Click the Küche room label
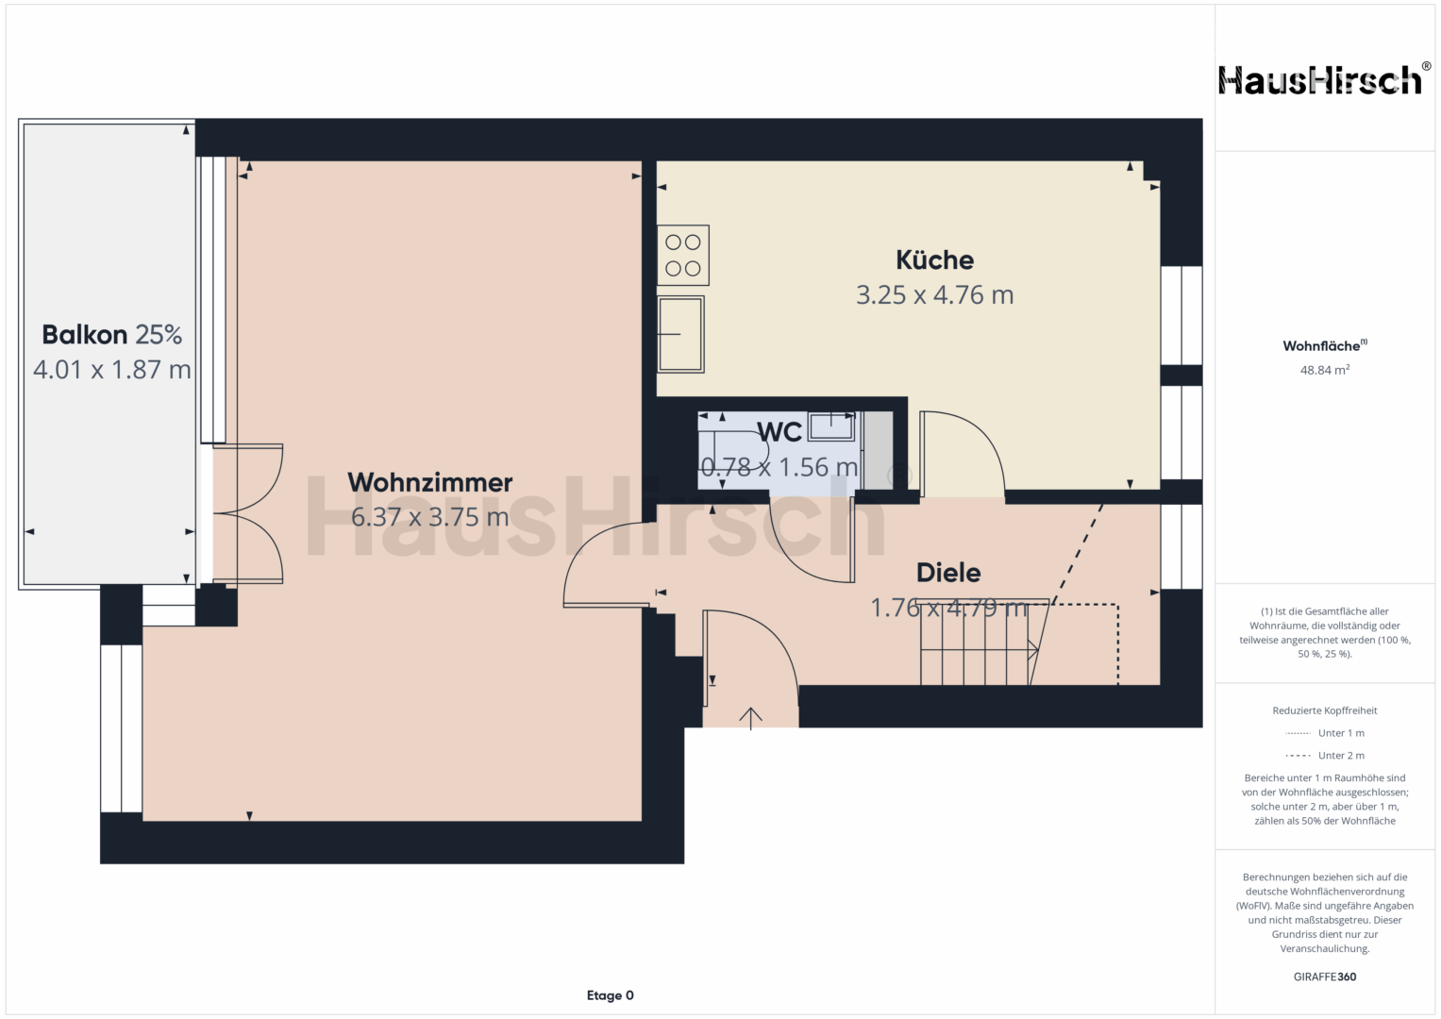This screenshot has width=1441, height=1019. coord(935,259)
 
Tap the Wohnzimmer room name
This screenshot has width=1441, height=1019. coord(429,482)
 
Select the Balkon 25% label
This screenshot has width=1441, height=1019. coord(112,335)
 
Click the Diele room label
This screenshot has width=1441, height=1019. coord(948,573)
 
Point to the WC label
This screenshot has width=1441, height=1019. coord(779,432)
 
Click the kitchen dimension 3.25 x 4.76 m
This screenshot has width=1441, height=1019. coord(935,294)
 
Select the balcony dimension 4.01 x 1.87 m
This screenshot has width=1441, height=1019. coord(112,369)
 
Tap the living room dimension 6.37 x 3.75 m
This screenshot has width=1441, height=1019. coord(429,517)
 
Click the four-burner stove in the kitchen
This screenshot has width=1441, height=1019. coord(683,256)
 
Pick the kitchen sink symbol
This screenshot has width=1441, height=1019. coord(680,335)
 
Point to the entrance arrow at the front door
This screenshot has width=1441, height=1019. coord(751,719)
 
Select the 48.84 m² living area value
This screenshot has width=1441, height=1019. coord(1325,370)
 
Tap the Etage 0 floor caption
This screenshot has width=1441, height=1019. coord(610,995)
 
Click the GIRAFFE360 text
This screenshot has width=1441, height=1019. coord(1325,977)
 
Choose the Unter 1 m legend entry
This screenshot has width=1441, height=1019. coord(1325,733)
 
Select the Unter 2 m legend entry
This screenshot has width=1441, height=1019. coord(1325,755)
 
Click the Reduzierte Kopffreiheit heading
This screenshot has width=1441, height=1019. coord(1325,710)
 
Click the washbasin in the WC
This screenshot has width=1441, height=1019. coord(831,426)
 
